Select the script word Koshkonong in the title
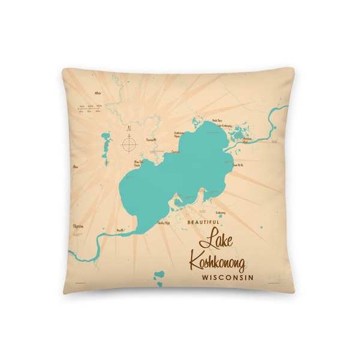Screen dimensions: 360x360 217,263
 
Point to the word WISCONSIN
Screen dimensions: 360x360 227,278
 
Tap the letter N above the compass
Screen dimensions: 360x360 128,127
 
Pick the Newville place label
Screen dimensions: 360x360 120,229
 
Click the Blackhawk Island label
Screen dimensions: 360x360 247,140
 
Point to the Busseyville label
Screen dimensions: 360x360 151,140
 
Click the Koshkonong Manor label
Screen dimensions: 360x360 179,134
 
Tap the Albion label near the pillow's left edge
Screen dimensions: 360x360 75,165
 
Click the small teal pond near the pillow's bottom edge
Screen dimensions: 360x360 158,276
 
